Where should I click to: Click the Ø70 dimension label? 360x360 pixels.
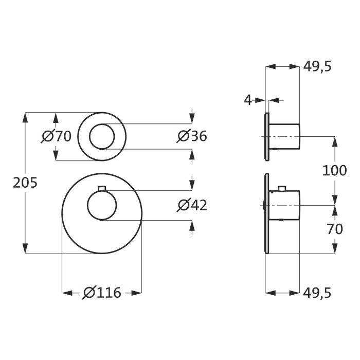[57, 136]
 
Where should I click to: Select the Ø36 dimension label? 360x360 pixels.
[192, 136]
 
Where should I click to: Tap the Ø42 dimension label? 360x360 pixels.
[192, 205]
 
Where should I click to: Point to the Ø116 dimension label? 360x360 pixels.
[102, 293]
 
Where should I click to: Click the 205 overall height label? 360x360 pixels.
[25, 183]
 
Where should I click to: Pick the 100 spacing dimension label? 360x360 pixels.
[334, 170]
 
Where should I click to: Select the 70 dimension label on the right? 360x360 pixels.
[334, 229]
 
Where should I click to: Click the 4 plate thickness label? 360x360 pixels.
[248, 100]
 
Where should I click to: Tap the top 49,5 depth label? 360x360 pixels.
[317, 66]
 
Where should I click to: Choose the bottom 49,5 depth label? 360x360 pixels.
[317, 293]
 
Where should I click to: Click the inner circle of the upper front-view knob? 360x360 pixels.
[102, 136]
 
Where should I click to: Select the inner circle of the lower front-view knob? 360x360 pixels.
[102, 205]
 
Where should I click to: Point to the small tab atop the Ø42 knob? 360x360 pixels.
[102, 187]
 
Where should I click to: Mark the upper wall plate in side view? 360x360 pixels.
[267, 136]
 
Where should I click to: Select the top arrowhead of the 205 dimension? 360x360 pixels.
[25, 116]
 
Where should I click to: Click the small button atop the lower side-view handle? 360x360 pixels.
[282, 188]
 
